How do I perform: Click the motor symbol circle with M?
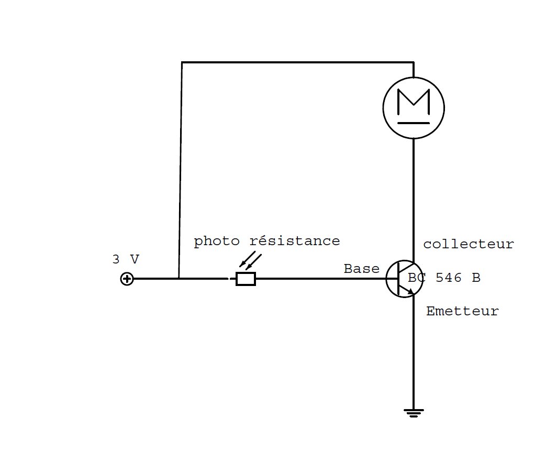[x=414, y=108]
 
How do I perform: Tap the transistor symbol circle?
[x=402, y=279]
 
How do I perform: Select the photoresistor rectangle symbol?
[x=246, y=279]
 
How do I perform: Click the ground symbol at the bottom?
[x=414, y=413]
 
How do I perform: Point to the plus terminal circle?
[x=127, y=279]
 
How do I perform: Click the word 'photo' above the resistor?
[x=217, y=241]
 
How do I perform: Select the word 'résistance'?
[x=294, y=241]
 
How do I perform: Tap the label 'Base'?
[x=361, y=269]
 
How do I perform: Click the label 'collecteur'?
[x=469, y=245]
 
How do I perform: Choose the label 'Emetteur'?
[x=462, y=311]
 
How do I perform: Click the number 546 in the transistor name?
[x=449, y=278]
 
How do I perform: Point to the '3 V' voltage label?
[x=126, y=259]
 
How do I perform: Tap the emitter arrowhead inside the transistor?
[x=410, y=290]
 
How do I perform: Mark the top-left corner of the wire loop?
[x=182, y=63]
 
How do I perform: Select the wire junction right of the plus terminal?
[x=179, y=279]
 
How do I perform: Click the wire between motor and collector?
[x=414, y=199]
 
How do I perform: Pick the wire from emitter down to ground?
[x=414, y=356]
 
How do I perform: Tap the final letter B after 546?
[x=475, y=278]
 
